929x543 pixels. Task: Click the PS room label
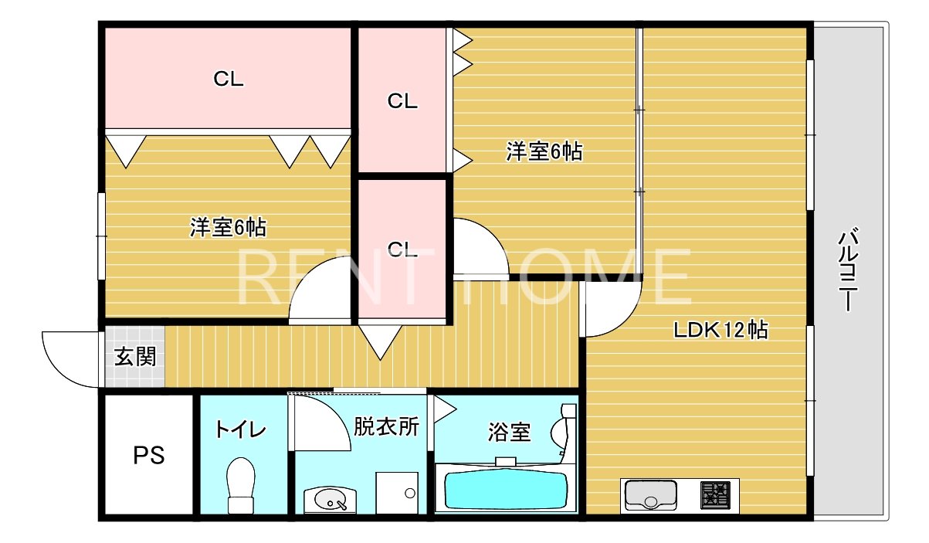click(149, 456)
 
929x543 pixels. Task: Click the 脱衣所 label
click(386, 426)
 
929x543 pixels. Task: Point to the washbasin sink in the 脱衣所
click(331, 500)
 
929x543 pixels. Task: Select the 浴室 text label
click(509, 432)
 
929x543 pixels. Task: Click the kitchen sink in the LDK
click(649, 495)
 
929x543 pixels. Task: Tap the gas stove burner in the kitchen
click(715, 494)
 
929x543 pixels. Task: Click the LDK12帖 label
click(720, 331)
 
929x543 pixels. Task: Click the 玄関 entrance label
click(136, 357)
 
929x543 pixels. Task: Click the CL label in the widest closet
click(229, 79)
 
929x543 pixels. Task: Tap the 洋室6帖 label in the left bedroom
click(229, 227)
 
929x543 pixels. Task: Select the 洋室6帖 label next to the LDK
click(544, 151)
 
